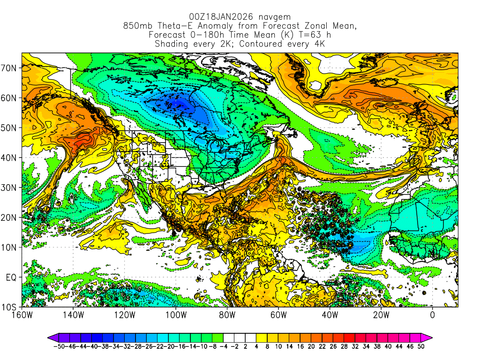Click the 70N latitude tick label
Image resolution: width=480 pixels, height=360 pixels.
(11, 67)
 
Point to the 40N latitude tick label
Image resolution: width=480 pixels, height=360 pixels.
(11, 157)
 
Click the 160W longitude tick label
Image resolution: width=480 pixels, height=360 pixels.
(22, 315)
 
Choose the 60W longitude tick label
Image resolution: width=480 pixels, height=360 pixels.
(278, 315)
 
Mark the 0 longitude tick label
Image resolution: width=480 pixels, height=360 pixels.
(433, 315)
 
